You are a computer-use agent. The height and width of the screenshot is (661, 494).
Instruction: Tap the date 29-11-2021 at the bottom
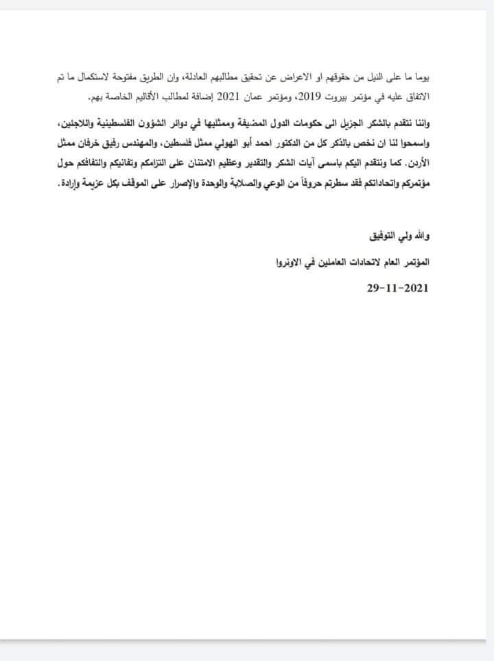click(397, 288)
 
